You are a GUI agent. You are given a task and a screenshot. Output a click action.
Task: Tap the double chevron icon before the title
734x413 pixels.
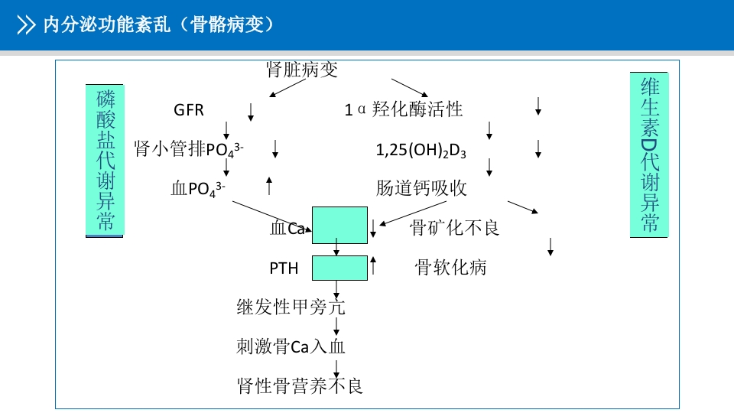[27, 25]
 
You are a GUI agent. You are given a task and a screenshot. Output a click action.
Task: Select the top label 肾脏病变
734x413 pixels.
[301, 70]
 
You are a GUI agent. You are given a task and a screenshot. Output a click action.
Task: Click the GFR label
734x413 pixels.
[189, 110]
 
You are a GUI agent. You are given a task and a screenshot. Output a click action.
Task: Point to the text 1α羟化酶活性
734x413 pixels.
[404, 109]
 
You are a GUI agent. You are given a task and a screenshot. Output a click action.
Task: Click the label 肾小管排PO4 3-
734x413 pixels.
[189, 148]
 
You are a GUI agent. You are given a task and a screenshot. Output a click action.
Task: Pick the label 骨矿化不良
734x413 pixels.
[455, 227]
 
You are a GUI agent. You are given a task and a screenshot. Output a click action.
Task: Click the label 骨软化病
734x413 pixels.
[450, 267]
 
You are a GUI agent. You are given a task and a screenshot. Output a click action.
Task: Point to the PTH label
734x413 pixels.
[283, 268]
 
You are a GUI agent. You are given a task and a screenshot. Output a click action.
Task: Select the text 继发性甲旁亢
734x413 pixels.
[291, 307]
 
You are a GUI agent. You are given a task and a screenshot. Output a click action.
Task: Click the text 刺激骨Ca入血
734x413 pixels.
[291, 346]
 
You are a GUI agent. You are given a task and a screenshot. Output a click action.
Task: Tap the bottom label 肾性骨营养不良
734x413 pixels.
[300, 385]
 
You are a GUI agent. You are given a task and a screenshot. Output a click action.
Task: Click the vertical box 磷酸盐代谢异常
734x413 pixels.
[105, 161]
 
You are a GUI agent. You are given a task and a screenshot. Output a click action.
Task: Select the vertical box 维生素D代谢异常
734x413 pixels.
[648, 154]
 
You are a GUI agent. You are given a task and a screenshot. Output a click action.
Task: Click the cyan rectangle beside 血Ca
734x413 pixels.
[339, 224]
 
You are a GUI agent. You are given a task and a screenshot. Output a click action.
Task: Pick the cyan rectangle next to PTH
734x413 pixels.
[339, 268]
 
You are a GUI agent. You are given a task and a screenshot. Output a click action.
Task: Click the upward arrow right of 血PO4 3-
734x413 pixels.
[269, 185]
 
